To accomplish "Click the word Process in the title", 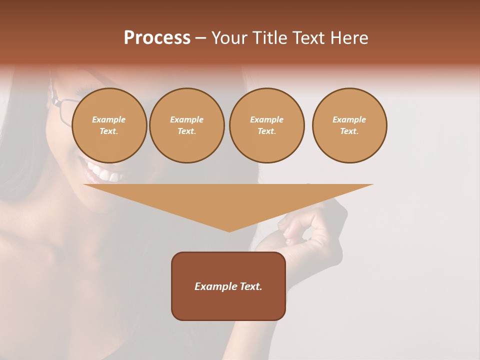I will [157, 38].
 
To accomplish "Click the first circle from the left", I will [109, 125].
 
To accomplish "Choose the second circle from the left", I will [186, 125].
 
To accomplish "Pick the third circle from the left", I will [266, 125].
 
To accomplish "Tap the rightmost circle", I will [349, 125].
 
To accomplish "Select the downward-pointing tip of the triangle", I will [229, 230].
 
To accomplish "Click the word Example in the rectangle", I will [215, 286].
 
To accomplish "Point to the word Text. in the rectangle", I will [250, 286].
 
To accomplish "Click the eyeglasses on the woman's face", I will [62, 110].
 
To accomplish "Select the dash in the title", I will [200, 38].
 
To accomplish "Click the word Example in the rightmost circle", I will [349, 119].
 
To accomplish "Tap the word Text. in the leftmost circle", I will [109, 131].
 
